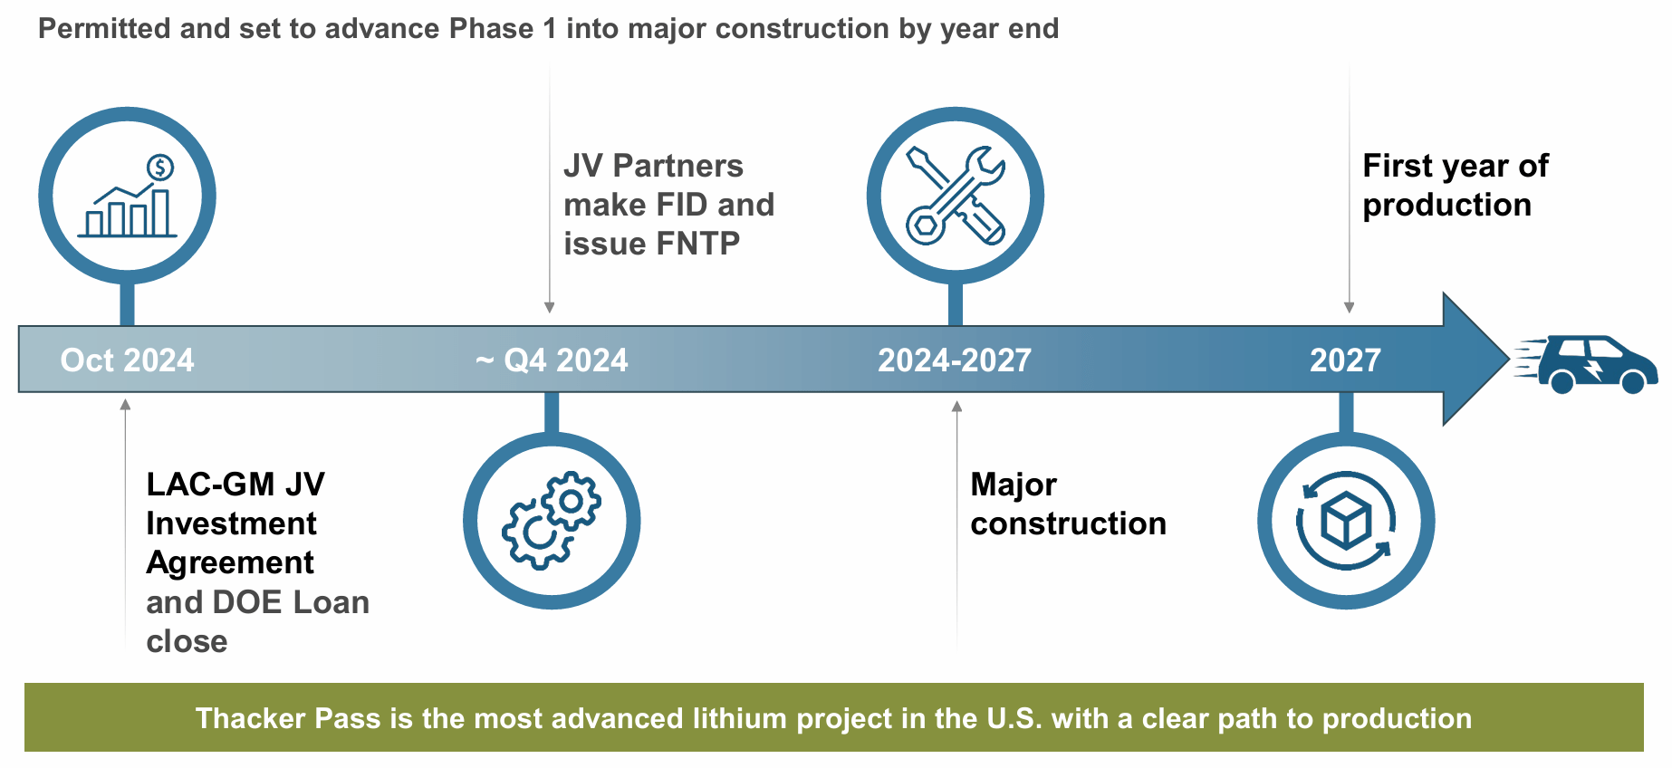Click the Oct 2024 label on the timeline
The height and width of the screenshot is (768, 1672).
click(127, 360)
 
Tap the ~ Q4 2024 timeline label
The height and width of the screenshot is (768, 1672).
click(552, 360)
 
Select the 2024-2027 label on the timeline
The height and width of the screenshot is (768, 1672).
click(955, 360)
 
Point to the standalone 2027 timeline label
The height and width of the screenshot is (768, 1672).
click(1345, 360)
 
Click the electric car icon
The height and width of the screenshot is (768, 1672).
click(1587, 364)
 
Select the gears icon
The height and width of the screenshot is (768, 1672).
click(552, 520)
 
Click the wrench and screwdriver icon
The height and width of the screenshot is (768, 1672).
click(956, 196)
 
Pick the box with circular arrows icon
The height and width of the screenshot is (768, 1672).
click(1346, 521)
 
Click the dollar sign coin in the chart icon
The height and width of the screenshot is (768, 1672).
click(160, 168)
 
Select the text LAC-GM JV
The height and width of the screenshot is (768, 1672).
click(235, 485)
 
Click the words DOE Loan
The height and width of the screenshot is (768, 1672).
click(291, 602)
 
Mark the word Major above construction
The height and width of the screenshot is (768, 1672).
click(1014, 485)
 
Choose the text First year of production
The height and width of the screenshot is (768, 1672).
click(1456, 186)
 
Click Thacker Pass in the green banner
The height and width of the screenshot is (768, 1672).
click(288, 718)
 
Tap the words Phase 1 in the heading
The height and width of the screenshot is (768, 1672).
click(503, 29)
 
